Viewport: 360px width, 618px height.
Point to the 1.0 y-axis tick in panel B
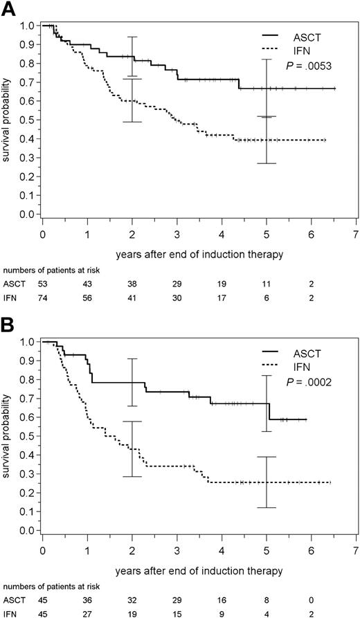point(30,342)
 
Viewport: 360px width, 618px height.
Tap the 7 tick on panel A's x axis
point(355,234)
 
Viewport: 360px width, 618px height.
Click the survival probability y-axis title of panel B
point(8,436)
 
